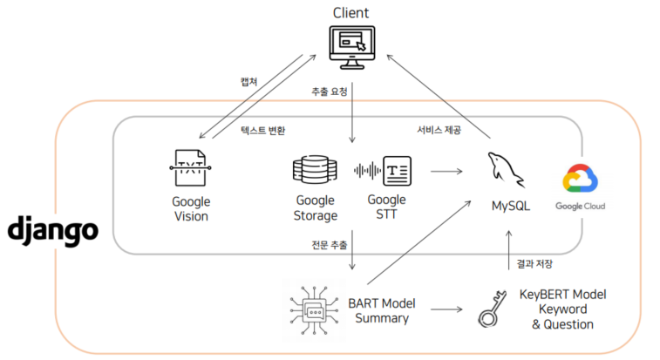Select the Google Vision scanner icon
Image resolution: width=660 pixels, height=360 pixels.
tap(190, 168)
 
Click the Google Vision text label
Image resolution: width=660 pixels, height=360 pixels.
tap(190, 208)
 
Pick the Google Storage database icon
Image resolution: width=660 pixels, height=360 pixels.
tap(315, 170)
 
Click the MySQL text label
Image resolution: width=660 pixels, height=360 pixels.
tap(510, 207)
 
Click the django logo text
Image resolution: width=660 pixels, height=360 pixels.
tap(53, 231)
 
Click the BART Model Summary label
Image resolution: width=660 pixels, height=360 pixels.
tap(382, 310)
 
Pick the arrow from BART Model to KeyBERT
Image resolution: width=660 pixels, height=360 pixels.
tap(447, 309)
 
